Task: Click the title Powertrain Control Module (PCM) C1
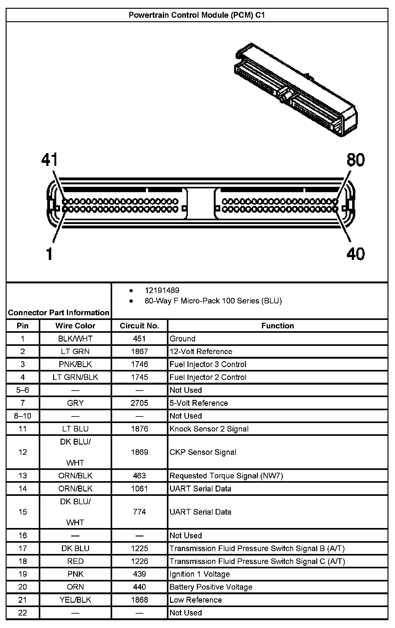pos(197,15)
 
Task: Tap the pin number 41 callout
pos(50,160)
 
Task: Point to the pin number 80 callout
pos(355,160)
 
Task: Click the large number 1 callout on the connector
pos(49,254)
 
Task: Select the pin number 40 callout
pos(355,254)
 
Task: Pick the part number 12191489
pos(162,290)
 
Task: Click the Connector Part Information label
pos(59,312)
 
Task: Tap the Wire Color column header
pos(75,326)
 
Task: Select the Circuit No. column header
pos(139,326)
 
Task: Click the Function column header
pos(277,326)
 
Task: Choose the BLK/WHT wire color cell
pos(75,339)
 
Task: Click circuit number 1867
pos(139,351)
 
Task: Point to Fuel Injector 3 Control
pos(208,364)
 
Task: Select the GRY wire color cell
pos(75,403)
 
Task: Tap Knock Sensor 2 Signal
pos(209,429)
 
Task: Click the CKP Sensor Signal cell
pos(203,452)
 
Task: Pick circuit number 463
pos(139,476)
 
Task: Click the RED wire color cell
pos(75,561)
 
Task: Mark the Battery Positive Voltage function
pos(211,587)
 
